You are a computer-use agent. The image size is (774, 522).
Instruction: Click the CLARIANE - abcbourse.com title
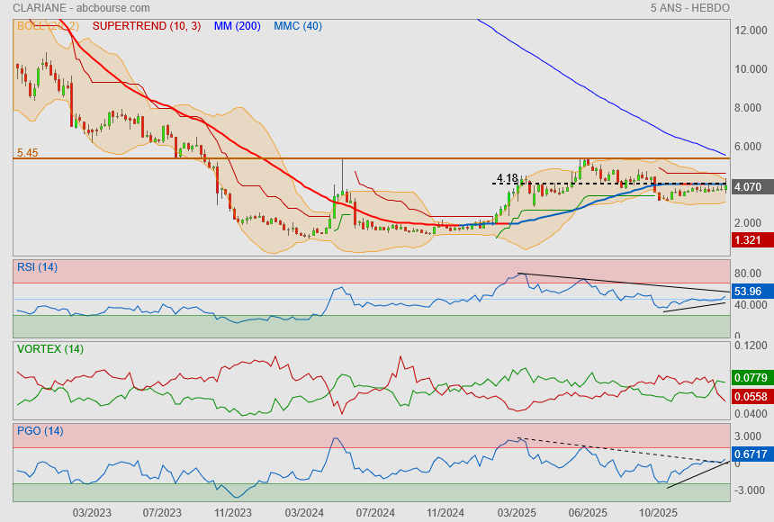point(68,8)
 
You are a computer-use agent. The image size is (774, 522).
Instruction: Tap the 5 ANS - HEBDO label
point(690,8)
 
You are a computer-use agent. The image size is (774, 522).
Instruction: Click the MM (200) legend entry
point(237,26)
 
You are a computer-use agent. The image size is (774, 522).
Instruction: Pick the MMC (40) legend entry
point(298,26)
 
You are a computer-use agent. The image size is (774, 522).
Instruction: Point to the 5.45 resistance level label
point(27,153)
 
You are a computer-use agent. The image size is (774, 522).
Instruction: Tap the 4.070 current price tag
point(749,187)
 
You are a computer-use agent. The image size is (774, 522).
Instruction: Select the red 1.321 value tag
point(749,239)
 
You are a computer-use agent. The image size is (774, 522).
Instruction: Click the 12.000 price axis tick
point(750,31)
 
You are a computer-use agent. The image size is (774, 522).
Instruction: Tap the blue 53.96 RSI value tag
point(749,292)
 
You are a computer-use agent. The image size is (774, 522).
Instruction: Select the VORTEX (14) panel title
point(49,348)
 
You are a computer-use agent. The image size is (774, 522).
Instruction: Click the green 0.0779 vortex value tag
point(750,377)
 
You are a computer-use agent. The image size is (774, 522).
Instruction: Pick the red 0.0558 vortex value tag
point(750,397)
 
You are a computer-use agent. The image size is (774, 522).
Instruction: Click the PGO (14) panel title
point(40,430)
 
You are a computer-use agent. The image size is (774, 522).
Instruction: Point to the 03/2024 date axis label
point(304,512)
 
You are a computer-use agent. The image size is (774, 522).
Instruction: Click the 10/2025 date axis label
point(657,512)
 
